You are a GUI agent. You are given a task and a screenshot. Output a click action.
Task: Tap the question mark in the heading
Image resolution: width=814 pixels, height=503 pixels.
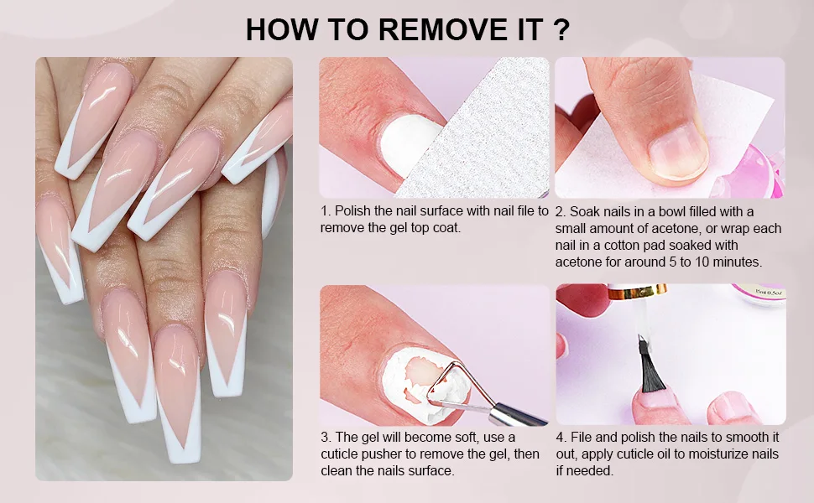(x=561, y=29)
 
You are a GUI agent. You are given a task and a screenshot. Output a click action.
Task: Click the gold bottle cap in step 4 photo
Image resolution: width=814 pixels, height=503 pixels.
(x=637, y=292)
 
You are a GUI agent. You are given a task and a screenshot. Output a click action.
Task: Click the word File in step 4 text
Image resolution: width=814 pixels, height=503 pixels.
(x=582, y=437)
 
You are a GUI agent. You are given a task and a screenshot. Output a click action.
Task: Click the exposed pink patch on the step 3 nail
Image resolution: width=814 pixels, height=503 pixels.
(x=425, y=371)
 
